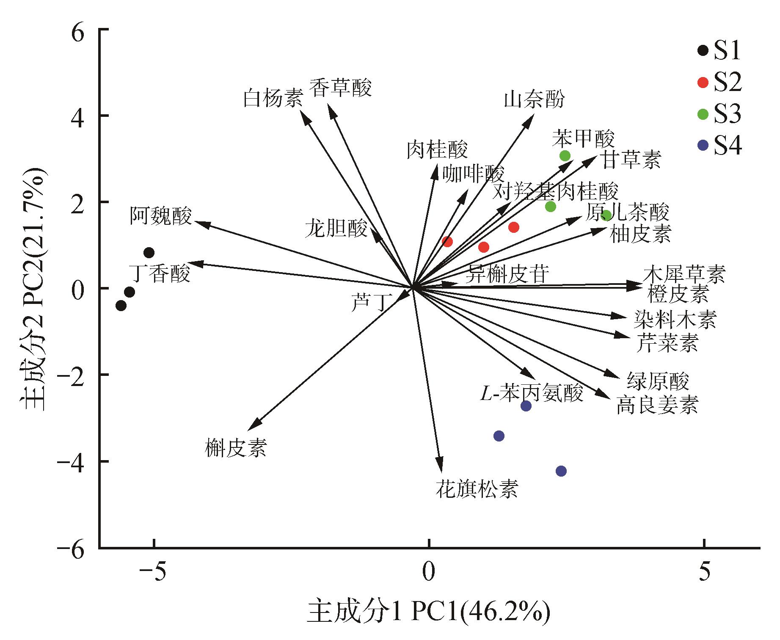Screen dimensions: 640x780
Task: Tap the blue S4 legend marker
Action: [703, 146]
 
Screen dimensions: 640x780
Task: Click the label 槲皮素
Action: [236, 447]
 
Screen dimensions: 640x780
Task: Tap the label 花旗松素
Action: [477, 489]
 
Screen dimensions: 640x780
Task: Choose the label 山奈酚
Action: [534, 100]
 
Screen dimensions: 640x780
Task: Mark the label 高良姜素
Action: [657, 405]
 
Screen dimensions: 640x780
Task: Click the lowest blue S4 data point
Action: [561, 471]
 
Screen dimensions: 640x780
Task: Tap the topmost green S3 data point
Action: [565, 156]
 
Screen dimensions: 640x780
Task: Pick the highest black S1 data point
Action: [149, 253]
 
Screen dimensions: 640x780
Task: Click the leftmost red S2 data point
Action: [447, 242]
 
